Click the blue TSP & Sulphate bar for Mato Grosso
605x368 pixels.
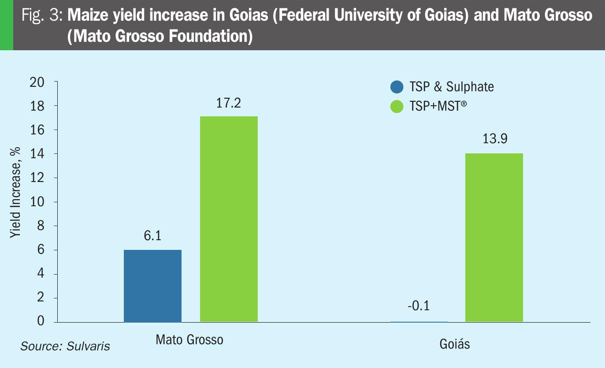click(152, 286)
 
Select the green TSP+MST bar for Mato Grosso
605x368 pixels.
click(229, 219)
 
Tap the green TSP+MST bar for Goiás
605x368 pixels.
click(494, 238)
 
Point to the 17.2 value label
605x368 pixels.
click(228, 103)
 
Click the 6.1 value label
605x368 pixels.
click(152, 236)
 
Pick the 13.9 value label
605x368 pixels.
click(494, 139)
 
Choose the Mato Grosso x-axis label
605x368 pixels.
click(189, 340)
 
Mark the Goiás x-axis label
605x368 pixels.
click(455, 344)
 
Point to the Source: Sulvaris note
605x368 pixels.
click(65, 346)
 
